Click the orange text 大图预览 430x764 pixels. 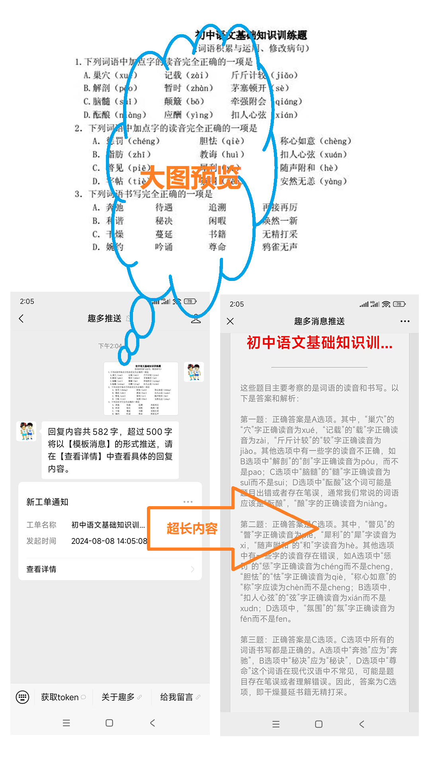190,177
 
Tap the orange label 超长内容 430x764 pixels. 192,528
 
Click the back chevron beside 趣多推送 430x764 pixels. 21,318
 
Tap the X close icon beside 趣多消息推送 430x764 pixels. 230,321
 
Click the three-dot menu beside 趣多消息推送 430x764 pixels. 405,321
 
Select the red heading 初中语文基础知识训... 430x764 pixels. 319,343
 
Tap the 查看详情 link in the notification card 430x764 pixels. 41,569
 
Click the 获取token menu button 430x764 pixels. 60,697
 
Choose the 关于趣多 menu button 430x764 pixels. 118,697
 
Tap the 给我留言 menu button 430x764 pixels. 176,697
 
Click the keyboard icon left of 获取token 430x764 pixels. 22,697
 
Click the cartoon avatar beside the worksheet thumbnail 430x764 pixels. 194,372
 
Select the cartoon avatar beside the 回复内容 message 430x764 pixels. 26,431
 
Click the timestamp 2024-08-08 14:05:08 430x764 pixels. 109,541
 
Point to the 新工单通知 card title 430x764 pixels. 47,502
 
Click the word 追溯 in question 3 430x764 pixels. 217,207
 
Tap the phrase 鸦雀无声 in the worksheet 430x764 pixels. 280,247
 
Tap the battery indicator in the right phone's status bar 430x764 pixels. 399,304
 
